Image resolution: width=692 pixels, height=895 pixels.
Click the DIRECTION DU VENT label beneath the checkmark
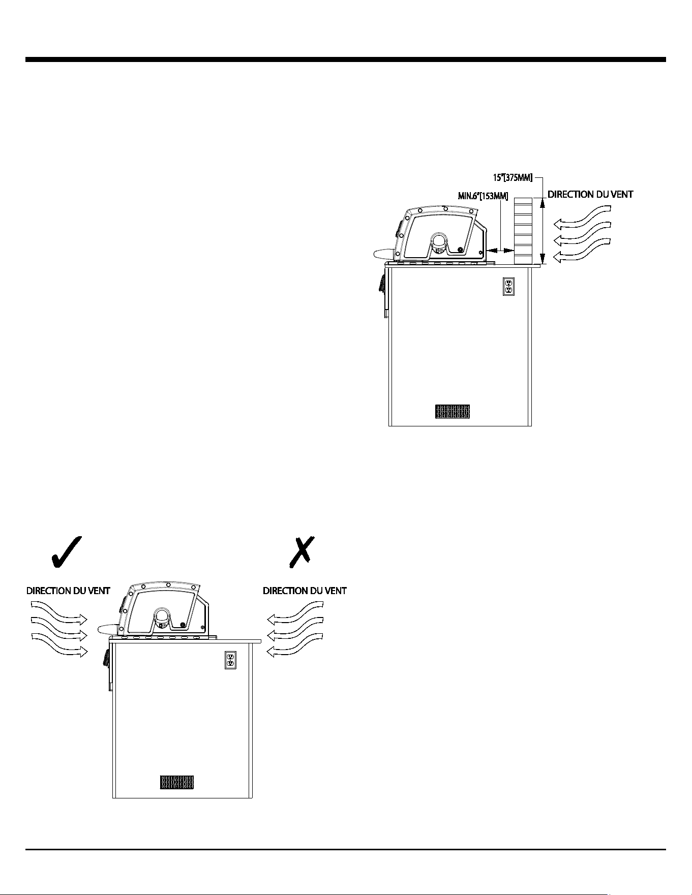pyautogui.click(x=68, y=591)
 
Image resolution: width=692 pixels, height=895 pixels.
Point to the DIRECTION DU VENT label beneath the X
pyautogui.click(x=305, y=591)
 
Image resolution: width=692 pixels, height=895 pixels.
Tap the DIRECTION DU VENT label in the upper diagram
pyautogui.click(x=590, y=194)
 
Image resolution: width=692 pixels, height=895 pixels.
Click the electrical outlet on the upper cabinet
pyautogui.click(x=508, y=286)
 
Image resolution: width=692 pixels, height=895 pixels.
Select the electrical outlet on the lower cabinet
pyautogui.click(x=230, y=660)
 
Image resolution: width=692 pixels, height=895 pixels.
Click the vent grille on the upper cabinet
pyautogui.click(x=453, y=412)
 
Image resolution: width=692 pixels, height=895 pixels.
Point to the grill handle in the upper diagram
pyautogui.click(x=383, y=253)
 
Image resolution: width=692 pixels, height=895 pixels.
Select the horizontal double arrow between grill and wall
pyautogui.click(x=500, y=250)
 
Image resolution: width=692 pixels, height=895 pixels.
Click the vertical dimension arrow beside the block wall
pyautogui.click(x=543, y=231)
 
